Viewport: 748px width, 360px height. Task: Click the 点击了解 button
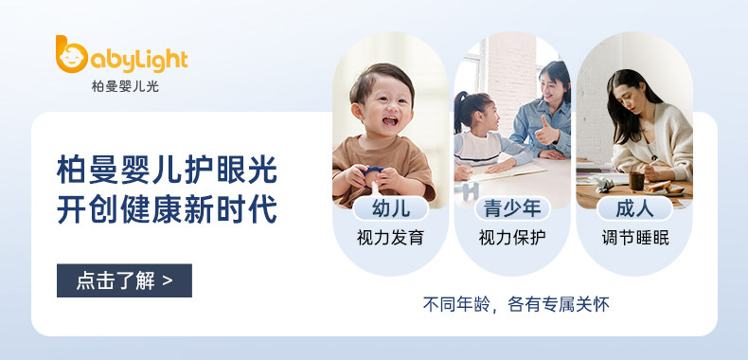point(124,280)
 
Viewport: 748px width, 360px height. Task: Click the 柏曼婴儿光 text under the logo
point(125,86)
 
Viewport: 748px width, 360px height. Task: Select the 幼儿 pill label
point(391,208)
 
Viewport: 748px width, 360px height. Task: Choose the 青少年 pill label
point(512,208)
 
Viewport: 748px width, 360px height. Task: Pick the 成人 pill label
point(634,208)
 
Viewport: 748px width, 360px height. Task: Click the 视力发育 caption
point(391,237)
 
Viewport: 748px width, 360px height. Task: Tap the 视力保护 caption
point(512,237)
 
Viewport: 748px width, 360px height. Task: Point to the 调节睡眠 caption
point(635,237)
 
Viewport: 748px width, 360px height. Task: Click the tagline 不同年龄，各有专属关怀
point(516,304)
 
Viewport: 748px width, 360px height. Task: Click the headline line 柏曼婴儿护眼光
point(167,170)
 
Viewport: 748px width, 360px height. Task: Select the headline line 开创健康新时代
point(167,208)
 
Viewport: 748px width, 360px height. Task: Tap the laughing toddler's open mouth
point(390,120)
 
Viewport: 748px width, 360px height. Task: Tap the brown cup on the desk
point(636,182)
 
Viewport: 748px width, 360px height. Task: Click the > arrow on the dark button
point(167,280)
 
